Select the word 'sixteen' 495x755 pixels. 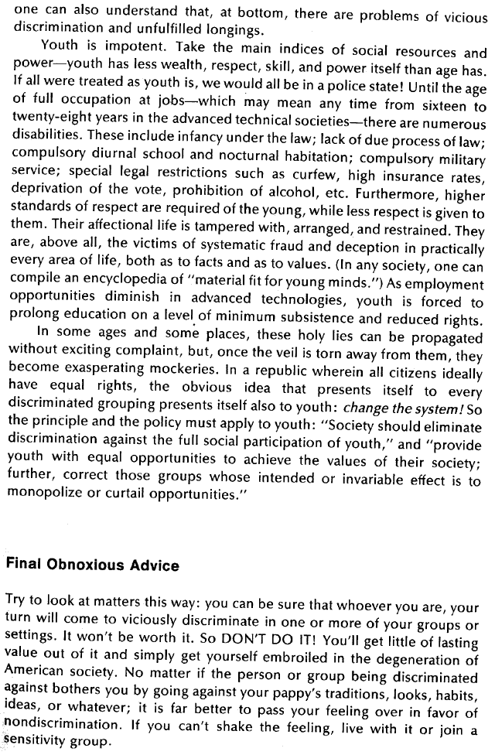450,105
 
